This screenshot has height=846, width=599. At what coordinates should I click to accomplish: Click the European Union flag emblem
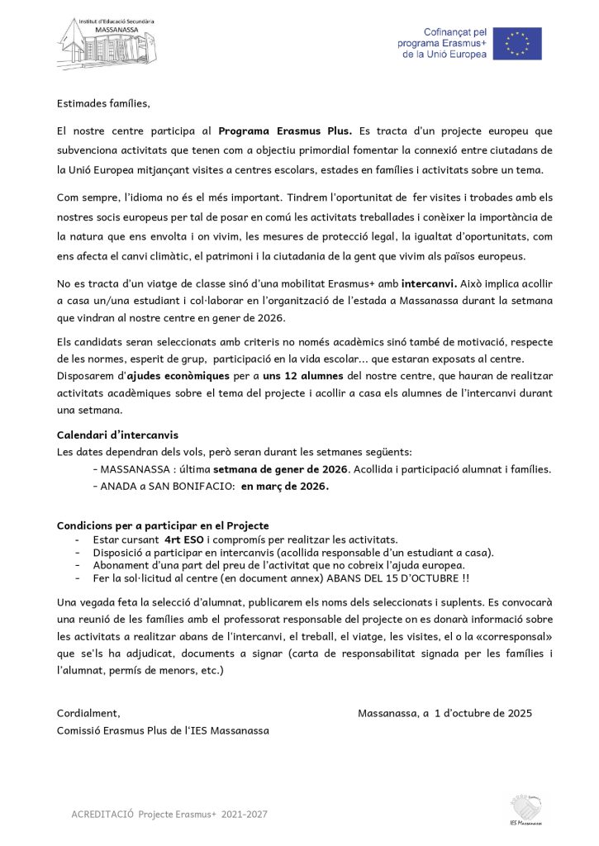518,43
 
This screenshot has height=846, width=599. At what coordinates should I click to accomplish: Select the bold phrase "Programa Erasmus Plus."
285,131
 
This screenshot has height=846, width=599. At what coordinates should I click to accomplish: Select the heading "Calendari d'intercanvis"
117,435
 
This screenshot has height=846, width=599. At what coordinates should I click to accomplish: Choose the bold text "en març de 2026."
285,487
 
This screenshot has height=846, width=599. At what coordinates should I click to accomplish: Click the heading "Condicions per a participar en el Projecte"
163,525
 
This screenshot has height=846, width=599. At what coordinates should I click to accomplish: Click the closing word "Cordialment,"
88,712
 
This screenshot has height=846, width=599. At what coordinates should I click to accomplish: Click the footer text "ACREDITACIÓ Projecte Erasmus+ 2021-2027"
169,815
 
